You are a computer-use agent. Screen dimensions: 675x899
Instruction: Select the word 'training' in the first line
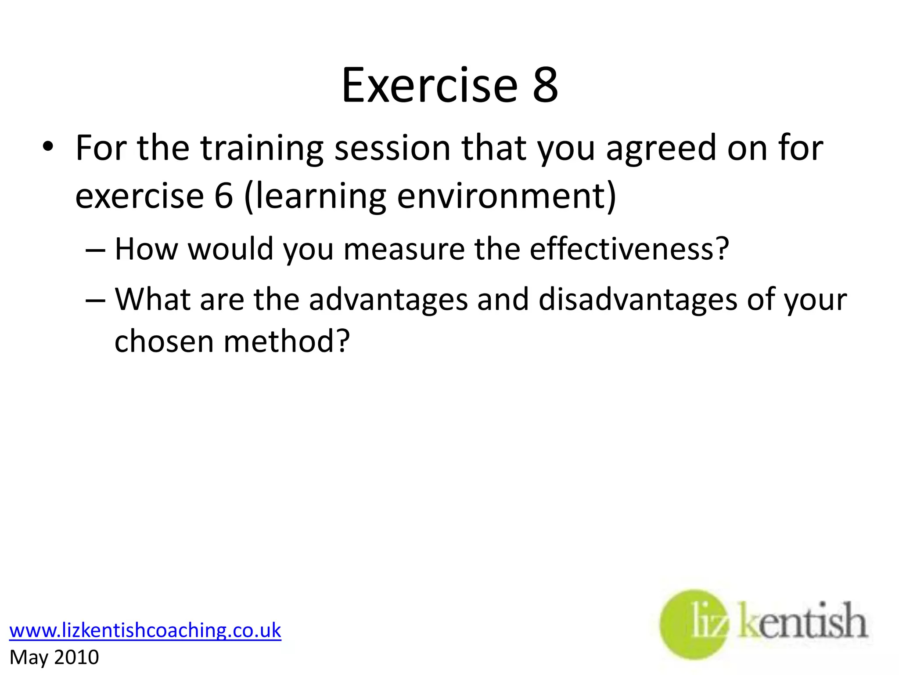coord(262,149)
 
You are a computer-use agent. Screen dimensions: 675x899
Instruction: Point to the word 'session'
coord(392,149)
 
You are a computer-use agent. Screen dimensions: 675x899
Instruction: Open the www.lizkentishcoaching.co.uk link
coord(145,630)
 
